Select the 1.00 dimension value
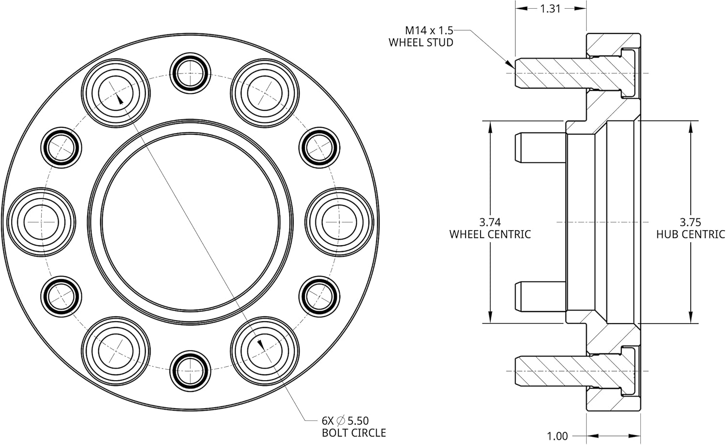click(557, 436)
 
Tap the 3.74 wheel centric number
click(490, 222)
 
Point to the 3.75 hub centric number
click(690, 222)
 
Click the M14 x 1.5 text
click(429, 30)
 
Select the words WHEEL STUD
click(421, 43)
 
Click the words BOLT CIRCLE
click(354, 432)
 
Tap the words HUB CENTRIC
click(690, 235)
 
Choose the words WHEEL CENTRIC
click(490, 235)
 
